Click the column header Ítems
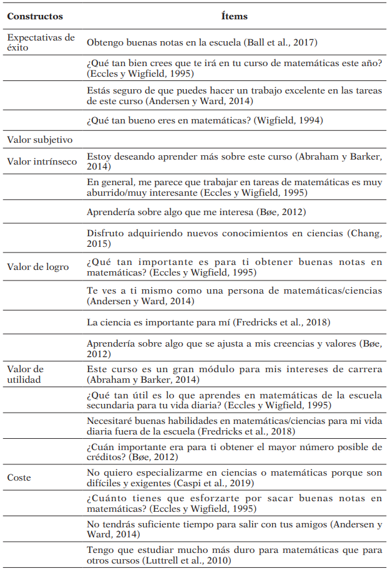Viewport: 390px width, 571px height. tap(235, 16)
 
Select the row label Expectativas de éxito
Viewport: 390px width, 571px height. tap(41, 42)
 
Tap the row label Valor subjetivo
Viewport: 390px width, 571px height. tap(40, 140)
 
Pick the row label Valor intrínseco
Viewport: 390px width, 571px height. tap(42, 161)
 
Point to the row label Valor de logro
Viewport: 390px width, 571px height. tap(39, 267)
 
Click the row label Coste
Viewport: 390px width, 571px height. tap(19, 477)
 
